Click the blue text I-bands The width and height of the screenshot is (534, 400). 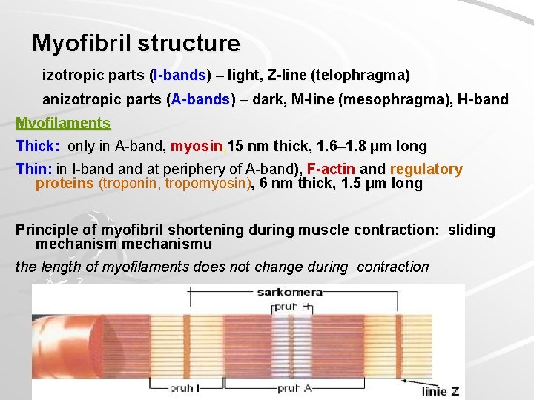pos(179,75)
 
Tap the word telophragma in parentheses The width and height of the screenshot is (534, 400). pos(360,75)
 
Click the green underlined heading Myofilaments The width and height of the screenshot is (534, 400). pos(63,123)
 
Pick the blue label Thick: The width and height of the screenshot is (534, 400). pos(38,146)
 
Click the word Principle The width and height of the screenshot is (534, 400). pos(47,230)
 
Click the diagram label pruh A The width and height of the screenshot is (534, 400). pos(294,387)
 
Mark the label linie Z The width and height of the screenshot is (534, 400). pos(441,390)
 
